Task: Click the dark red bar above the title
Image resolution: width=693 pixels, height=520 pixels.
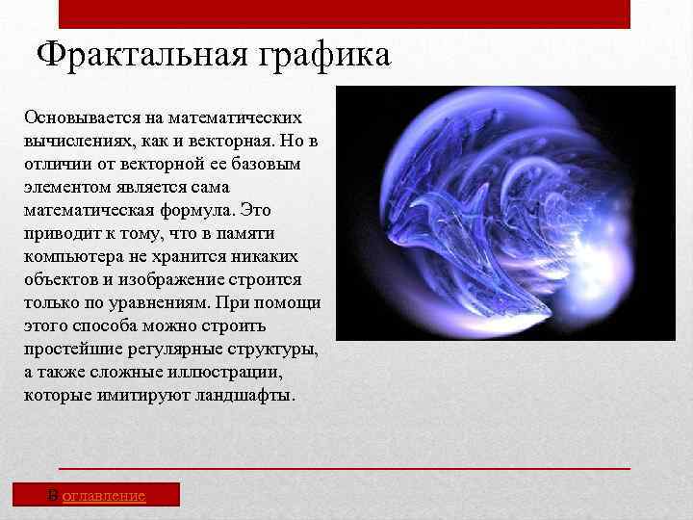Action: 345,13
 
